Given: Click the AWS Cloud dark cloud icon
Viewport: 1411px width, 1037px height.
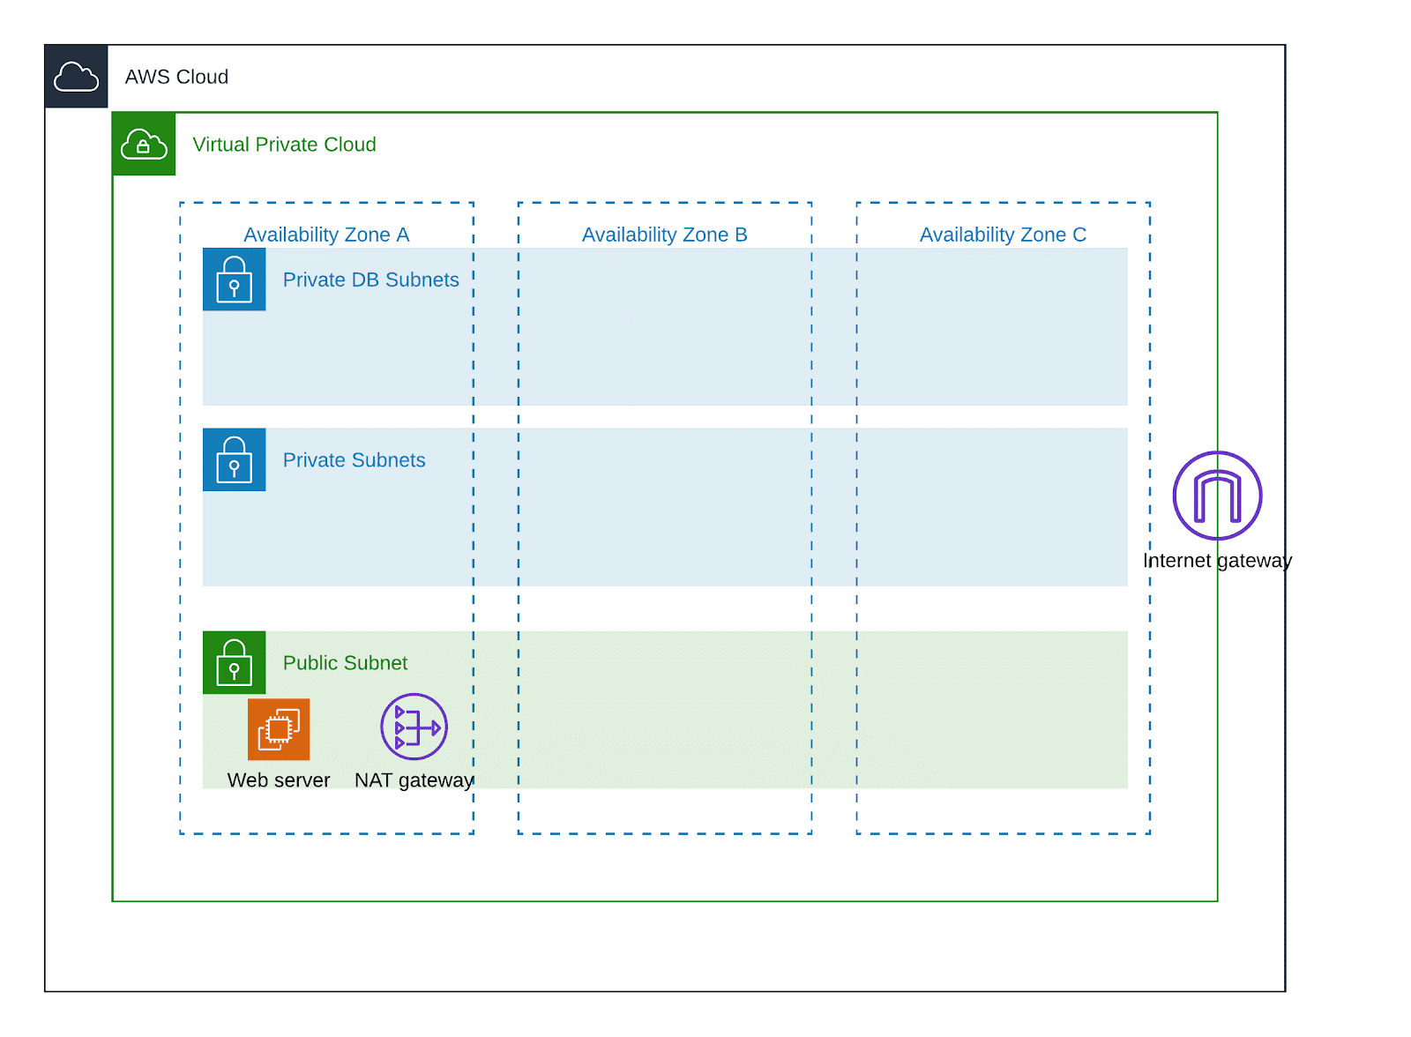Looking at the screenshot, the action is click(76, 76).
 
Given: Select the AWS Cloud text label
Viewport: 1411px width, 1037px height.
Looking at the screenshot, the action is click(177, 77).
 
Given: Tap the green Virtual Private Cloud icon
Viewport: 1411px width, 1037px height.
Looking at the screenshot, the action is click(145, 145).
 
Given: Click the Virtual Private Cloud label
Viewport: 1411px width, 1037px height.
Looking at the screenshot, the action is click(285, 145).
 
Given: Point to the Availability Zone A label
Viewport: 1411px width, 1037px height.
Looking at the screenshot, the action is click(327, 235).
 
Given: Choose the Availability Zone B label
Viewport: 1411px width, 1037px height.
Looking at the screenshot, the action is click(666, 235).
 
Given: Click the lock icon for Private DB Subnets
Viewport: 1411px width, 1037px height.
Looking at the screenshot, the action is click(235, 280).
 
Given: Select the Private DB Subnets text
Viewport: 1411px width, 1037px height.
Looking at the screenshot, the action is click(371, 280).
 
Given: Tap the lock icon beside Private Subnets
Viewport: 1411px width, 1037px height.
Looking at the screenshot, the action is click(235, 460).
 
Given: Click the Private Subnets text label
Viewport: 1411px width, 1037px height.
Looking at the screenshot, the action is click(355, 460).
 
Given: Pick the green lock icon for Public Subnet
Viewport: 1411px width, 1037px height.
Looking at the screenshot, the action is click(235, 663).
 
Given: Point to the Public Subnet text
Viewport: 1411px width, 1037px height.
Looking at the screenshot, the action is click(346, 663).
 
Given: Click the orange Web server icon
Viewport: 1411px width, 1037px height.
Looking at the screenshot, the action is click(279, 730).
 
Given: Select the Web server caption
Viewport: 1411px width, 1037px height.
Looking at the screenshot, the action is click(279, 781).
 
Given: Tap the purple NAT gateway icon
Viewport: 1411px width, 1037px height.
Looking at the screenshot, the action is click(414, 727).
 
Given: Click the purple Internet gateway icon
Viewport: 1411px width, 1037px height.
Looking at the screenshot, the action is click(1219, 496).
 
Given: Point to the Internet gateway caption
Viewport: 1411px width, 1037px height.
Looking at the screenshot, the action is click(1219, 562).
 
